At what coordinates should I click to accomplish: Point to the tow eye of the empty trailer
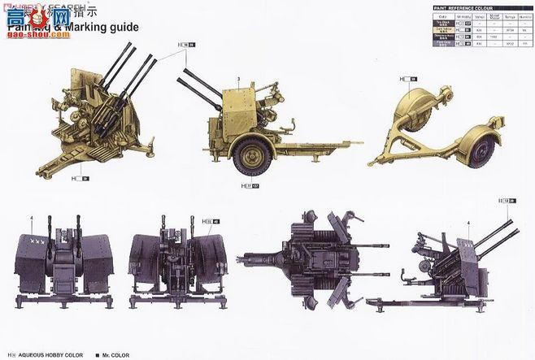pos(372,163)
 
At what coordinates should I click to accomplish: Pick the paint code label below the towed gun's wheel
pos(252,186)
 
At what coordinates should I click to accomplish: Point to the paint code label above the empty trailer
pos(407,78)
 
